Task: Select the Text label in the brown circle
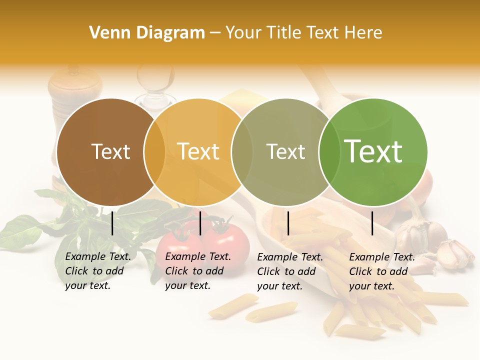point(110,151)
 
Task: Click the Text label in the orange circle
point(198,151)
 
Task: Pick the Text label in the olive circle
point(285,151)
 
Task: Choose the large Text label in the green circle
point(373,151)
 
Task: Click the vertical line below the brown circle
point(112,223)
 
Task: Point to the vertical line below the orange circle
point(200,223)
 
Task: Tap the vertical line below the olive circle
point(288,223)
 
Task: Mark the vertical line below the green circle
point(372,223)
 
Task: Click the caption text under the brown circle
point(97,271)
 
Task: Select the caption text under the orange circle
point(197,271)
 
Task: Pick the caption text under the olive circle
point(289,271)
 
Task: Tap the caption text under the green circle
point(381,271)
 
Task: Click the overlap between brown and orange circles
point(154,152)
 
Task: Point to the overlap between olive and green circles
point(327,152)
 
